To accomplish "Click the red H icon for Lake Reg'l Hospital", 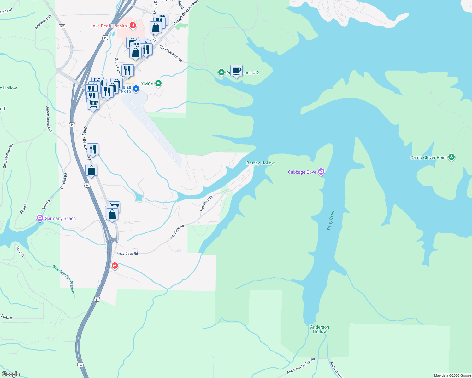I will [x=133, y=25].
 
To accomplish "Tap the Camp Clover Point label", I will [x=428, y=157].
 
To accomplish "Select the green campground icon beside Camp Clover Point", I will [x=451, y=157].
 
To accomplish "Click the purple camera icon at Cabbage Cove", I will [x=321, y=172].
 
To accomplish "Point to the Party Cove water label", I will [x=330, y=220].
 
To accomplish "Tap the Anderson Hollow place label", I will [x=320, y=329].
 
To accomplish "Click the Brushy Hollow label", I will [x=260, y=163].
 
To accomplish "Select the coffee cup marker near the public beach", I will [x=236, y=71].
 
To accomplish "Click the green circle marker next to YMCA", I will [x=159, y=83].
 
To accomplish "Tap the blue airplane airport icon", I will [x=136, y=89].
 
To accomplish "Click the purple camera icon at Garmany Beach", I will [x=40, y=218].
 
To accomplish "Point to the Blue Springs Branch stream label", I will [x=64, y=279].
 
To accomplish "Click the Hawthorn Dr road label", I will [x=206, y=203].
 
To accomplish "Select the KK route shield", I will [x=62, y=26].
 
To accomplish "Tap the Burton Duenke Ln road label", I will [x=49, y=119].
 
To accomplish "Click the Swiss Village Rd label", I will [x=9, y=156].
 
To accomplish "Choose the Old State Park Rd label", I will [x=171, y=54].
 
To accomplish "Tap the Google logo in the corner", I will [x=10, y=374].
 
